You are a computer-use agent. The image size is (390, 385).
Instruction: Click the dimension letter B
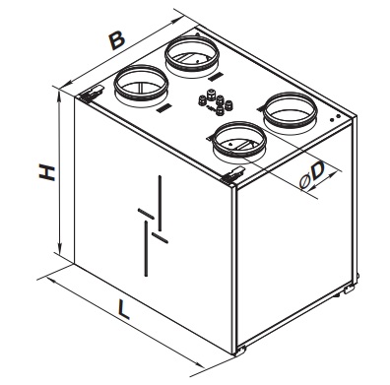pyautogui.click(x=117, y=40)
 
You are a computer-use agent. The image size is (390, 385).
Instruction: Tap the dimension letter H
pyautogui.click(x=47, y=173)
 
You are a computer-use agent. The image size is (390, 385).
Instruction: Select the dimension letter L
pyautogui.click(x=124, y=310)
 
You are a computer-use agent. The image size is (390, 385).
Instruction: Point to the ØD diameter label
pyautogui.click(x=312, y=175)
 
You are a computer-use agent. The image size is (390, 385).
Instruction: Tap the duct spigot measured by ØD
pyautogui.click(x=239, y=140)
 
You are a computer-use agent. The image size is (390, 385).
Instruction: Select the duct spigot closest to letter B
pyautogui.click(x=192, y=54)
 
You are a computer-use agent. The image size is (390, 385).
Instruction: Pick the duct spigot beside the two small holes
pyautogui.click(x=291, y=110)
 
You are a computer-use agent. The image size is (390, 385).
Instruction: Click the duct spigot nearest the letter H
pyautogui.click(x=141, y=84)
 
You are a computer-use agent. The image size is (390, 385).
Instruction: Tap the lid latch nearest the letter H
pyautogui.click(x=92, y=94)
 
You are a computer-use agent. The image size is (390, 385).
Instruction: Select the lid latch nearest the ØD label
pyautogui.click(x=233, y=173)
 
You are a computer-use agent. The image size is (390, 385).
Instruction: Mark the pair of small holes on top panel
pyautogui.click(x=335, y=117)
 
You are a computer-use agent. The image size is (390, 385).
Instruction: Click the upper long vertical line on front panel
pyautogui.click(x=160, y=204)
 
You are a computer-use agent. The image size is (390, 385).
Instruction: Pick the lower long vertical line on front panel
pyautogui.click(x=146, y=248)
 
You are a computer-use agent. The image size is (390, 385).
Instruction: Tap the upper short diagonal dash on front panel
pyautogui.click(x=146, y=214)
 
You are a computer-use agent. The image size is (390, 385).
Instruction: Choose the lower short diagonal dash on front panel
pyautogui.click(x=161, y=238)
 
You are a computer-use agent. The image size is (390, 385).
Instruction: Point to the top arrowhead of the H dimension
pyautogui.click(x=59, y=96)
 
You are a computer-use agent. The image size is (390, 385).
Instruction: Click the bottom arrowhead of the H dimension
pyautogui.click(x=59, y=248)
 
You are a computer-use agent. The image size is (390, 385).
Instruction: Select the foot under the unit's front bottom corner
pyautogui.click(x=241, y=351)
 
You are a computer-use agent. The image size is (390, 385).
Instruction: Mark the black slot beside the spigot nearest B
pyautogui.click(x=216, y=77)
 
